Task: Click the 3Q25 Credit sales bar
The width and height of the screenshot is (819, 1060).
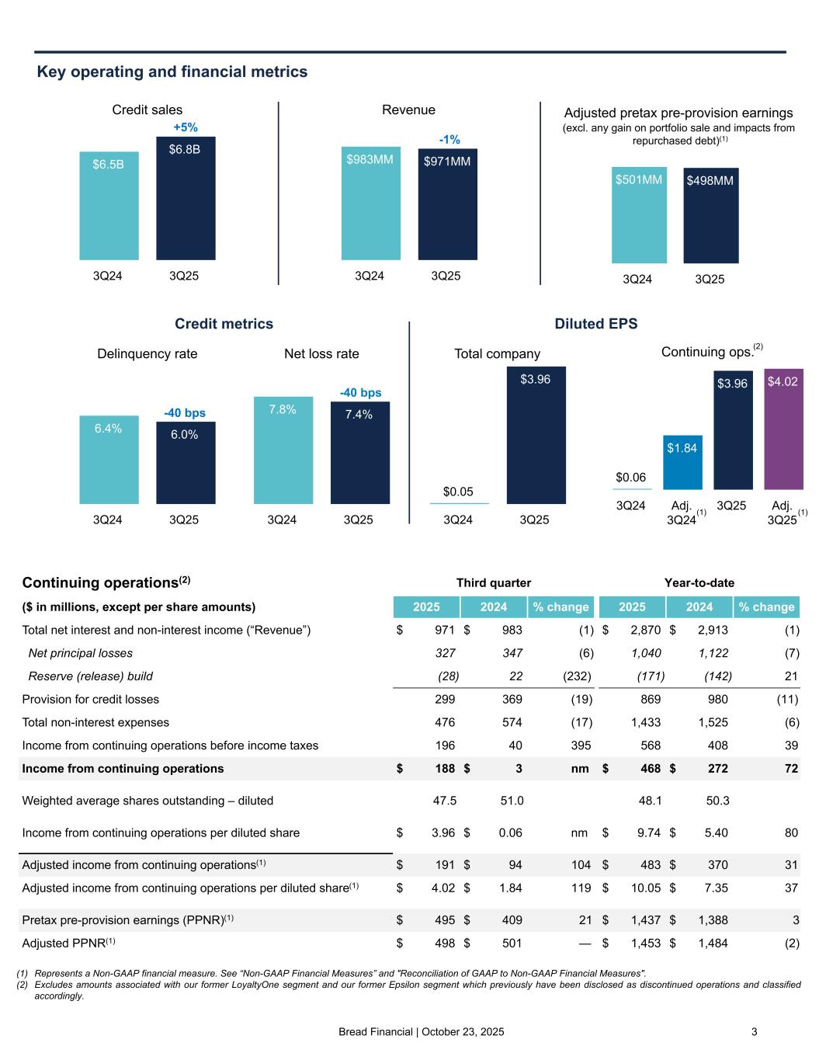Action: [186, 198]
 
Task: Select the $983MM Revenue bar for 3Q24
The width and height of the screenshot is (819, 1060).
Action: [370, 203]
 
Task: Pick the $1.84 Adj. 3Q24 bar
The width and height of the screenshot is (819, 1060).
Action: [682, 462]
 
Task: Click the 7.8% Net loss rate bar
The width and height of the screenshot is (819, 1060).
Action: [283, 450]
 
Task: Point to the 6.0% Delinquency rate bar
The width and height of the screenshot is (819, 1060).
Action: [186, 462]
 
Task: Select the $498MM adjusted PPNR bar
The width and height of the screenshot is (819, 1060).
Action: [710, 215]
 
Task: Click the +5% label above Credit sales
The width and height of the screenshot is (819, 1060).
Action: [186, 127]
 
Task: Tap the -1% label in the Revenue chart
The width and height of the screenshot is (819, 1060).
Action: [449, 140]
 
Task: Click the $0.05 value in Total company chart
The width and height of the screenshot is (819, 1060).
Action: [458, 492]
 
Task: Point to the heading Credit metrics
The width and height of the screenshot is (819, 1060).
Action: [224, 324]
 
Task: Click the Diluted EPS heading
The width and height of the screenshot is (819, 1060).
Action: [595, 324]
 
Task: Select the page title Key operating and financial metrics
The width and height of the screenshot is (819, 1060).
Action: [172, 72]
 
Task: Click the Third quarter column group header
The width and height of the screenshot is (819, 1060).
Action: [493, 582]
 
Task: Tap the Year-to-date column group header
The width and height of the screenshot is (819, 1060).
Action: [699, 582]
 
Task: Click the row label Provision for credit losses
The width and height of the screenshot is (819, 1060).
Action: [91, 699]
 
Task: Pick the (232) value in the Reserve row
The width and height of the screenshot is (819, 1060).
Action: [578, 676]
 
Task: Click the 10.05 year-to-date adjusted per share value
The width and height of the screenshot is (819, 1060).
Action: [646, 888]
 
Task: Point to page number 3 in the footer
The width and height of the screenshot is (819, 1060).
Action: [754, 1032]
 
